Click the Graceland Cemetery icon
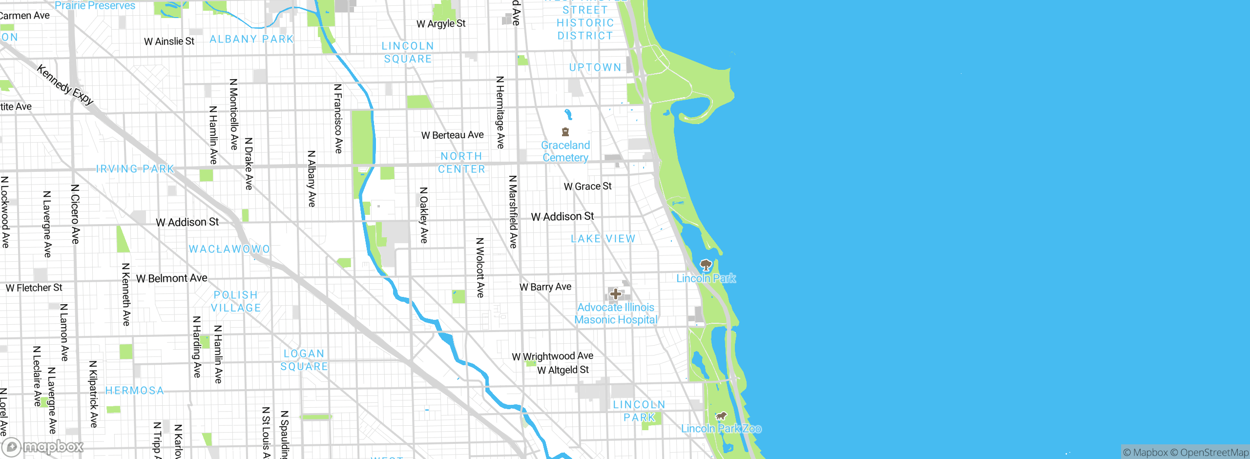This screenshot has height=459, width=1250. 565,132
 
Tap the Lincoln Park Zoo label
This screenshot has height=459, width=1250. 721,428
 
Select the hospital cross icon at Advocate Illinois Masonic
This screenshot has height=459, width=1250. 615,294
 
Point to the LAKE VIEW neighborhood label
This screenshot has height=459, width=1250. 603,239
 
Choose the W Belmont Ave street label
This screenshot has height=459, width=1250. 171,278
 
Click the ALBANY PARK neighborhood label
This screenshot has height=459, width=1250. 251,39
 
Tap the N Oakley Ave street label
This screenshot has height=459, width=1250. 424,215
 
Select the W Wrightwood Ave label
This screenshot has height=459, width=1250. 552,356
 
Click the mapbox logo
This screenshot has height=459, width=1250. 43,446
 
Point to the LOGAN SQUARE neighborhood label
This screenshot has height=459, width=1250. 304,360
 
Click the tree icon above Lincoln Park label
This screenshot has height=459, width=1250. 706,265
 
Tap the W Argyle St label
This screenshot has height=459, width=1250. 441,23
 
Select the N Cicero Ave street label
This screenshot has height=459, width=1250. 75,214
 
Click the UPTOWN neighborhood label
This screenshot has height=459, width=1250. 595,67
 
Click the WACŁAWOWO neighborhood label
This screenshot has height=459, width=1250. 229,249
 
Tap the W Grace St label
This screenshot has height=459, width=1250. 587,186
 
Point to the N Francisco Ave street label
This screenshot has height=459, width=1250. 338,119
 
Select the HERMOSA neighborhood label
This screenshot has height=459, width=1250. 135,391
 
